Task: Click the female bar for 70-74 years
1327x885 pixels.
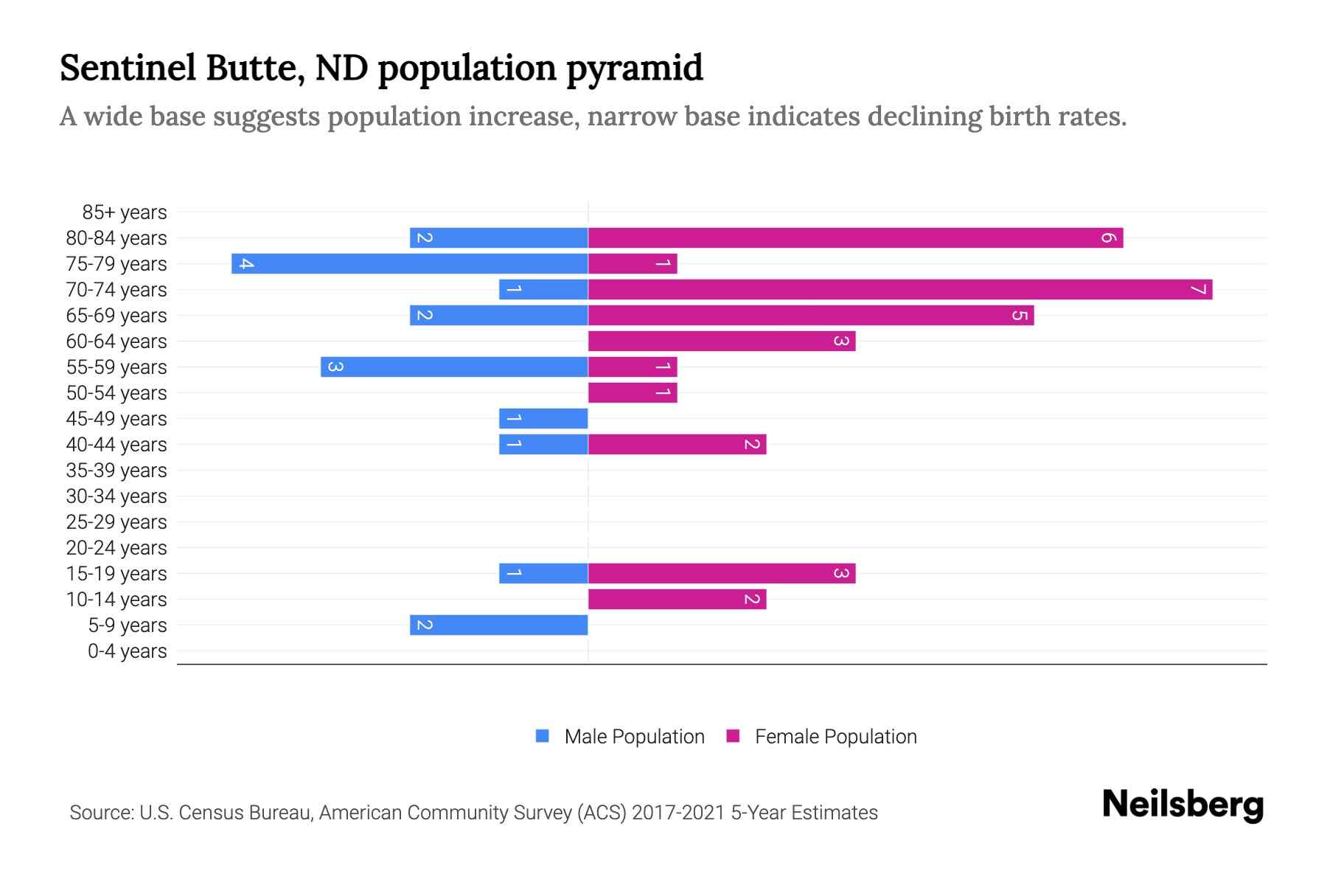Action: (x=899, y=289)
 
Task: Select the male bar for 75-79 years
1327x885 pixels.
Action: (x=409, y=263)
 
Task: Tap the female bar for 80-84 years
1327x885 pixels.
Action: (x=855, y=237)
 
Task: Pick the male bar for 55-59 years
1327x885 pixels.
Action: (x=454, y=367)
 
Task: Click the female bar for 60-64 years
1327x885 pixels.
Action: (x=721, y=341)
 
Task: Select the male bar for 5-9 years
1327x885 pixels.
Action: (x=498, y=625)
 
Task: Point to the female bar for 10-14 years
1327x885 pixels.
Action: (x=677, y=599)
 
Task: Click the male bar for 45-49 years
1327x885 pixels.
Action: (x=543, y=418)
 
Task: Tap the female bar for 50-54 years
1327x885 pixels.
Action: (x=633, y=392)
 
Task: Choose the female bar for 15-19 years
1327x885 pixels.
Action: (x=721, y=573)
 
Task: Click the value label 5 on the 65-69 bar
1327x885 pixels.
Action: (x=1019, y=316)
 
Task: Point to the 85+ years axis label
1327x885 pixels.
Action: (x=125, y=212)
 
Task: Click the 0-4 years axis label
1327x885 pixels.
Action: (x=127, y=651)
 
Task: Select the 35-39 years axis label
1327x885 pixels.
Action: (x=116, y=471)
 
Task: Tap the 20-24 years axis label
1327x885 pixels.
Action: (x=116, y=548)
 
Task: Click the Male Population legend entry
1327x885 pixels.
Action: (x=620, y=737)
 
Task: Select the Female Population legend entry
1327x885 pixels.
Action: (x=821, y=737)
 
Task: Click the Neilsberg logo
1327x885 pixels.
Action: (x=1183, y=805)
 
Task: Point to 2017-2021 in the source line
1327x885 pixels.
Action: (x=678, y=813)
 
